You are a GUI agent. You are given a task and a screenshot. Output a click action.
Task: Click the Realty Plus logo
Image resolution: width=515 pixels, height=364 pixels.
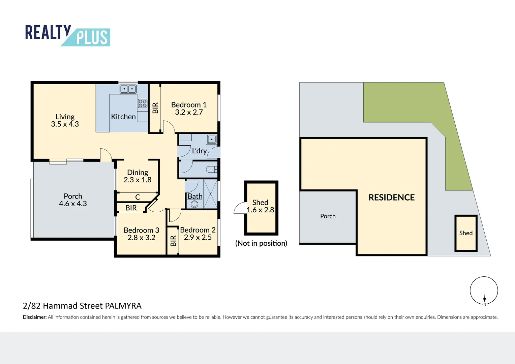coord(67,35)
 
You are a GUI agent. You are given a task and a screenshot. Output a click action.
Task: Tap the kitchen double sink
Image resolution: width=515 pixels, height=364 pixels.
coord(128,89)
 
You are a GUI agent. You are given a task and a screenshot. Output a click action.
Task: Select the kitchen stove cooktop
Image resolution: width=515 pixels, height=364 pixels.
coord(143,103)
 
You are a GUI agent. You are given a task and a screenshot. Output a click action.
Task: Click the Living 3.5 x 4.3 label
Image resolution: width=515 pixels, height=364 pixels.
coord(65,120)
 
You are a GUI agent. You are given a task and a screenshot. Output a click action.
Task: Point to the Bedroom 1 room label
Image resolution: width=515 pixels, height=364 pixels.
coord(189,109)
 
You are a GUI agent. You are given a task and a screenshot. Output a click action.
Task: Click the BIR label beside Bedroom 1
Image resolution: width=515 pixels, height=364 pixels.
coord(155,108)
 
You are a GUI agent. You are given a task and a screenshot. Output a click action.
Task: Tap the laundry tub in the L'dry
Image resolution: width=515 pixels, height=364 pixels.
coord(212,139)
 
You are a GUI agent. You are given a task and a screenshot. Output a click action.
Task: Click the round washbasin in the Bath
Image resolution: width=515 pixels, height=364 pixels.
coord(194,204)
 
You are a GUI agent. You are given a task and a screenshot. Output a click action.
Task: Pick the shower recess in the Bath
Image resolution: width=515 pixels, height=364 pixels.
coord(211,194)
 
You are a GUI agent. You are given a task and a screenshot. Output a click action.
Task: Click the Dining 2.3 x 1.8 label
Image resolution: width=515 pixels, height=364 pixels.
coord(138,176)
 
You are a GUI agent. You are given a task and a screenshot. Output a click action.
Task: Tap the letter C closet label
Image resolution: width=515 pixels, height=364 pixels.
coord(138,197)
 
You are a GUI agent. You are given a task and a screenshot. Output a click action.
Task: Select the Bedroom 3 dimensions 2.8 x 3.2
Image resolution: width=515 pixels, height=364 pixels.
coord(141,238)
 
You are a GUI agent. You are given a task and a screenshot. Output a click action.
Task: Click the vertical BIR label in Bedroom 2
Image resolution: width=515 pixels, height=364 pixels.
coord(173,241)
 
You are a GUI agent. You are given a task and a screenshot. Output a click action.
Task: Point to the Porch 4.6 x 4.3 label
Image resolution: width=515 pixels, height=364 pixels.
coord(73,200)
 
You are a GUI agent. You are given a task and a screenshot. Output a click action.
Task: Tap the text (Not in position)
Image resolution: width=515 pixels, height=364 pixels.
coord(261,243)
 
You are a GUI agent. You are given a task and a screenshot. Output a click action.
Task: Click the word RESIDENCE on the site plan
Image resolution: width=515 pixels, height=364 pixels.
coord(391,198)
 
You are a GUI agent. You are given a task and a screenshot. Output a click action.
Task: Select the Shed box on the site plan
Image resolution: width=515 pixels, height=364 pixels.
coord(466,233)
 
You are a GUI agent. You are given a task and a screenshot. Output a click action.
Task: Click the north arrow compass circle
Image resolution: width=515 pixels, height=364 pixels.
coord(484,291)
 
